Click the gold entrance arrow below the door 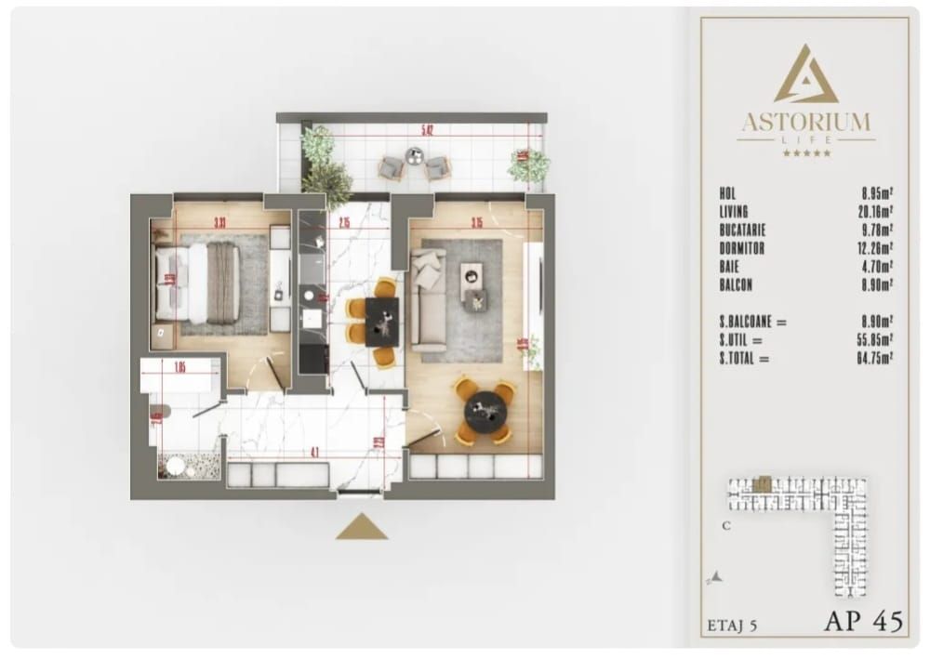tap(362, 528)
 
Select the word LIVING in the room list tap(734, 212)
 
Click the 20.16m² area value tap(877, 212)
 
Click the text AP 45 tap(863, 622)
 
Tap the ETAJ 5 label tap(733, 626)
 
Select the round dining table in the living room tap(485, 410)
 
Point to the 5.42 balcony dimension tap(427, 130)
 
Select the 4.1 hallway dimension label tap(315, 454)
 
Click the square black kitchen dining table tap(382, 321)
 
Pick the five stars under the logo tap(806, 153)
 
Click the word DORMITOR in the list tap(741, 248)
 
